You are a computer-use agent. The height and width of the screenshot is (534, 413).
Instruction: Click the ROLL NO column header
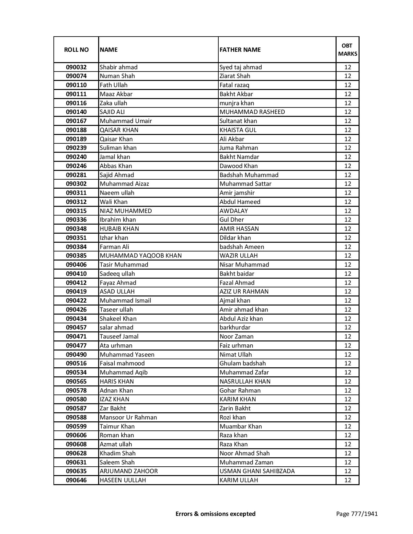coord(76,50)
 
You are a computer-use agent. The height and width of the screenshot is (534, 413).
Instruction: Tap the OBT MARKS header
coord(348,50)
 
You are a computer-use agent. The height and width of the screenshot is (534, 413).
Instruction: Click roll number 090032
coord(76,67)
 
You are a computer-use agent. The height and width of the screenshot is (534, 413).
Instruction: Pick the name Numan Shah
coord(117,76)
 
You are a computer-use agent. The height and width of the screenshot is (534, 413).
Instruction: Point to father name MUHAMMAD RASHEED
coord(252,112)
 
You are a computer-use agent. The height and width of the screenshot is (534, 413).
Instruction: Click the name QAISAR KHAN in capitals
coord(119,130)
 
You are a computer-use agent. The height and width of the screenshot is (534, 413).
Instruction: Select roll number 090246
coord(76,166)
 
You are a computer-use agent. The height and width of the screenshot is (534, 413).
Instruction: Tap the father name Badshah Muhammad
coord(249,175)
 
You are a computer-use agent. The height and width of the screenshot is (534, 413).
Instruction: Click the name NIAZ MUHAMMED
coord(126,211)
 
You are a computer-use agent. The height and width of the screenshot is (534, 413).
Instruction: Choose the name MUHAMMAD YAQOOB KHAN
coord(141,255)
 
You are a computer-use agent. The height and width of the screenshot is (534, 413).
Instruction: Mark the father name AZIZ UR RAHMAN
coord(244,291)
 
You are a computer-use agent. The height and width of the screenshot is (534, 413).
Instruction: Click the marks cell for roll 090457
coord(348,327)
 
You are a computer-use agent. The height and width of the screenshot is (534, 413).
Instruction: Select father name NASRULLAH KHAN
coord(245,381)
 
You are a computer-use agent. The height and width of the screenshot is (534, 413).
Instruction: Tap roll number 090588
coord(76,417)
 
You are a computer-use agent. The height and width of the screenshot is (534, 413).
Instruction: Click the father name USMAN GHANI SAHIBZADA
coord(257,471)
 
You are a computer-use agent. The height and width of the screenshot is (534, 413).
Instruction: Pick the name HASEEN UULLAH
coord(123,480)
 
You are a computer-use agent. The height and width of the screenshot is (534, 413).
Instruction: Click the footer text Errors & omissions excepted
coord(215,514)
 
